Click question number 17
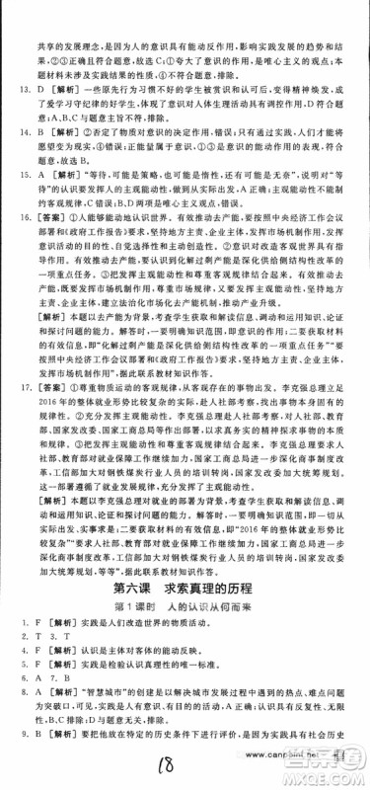[x=17, y=418]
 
